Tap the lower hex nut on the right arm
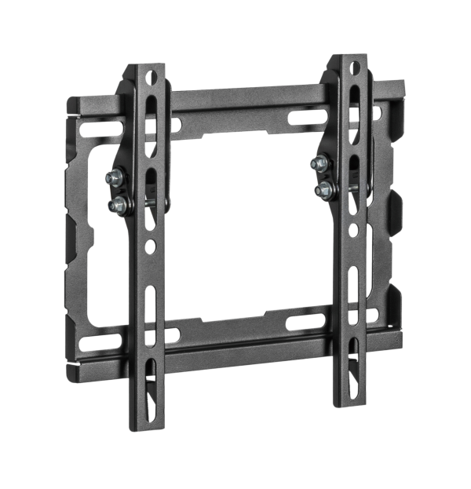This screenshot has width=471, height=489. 321,189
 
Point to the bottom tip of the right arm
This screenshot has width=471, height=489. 349,406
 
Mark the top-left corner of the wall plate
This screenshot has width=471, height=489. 69,100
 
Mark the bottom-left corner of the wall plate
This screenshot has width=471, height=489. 69,365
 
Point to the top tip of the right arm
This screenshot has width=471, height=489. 349,56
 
